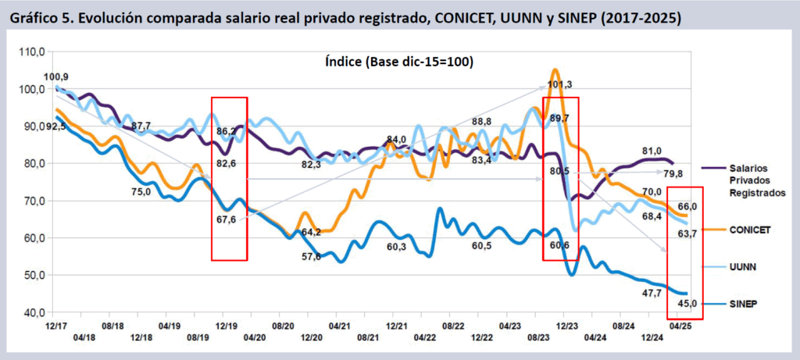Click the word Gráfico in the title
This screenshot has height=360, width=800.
tap(34, 18)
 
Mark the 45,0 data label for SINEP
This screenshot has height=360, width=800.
tap(686, 303)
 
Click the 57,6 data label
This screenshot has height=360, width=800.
tap(311, 257)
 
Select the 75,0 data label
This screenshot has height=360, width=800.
tap(141, 192)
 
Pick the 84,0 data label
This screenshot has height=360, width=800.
tap(397, 140)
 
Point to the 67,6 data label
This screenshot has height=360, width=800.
tap(227, 219)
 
